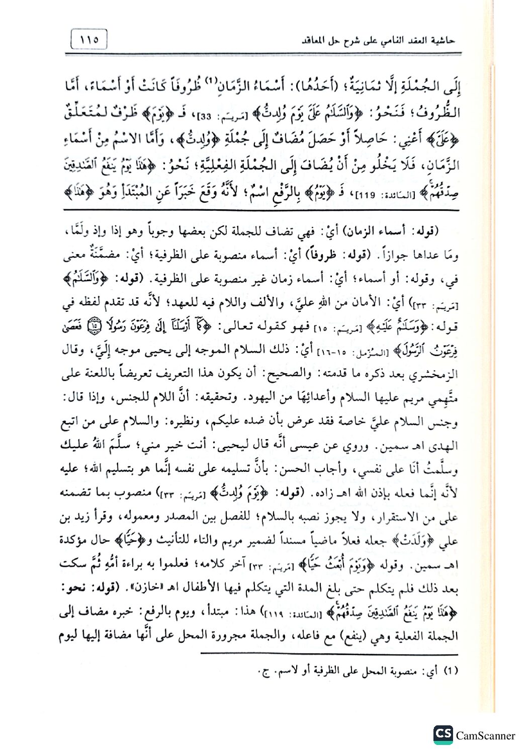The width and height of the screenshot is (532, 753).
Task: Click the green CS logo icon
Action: [442, 734]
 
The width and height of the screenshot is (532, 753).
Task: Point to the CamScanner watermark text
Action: [485, 735]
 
